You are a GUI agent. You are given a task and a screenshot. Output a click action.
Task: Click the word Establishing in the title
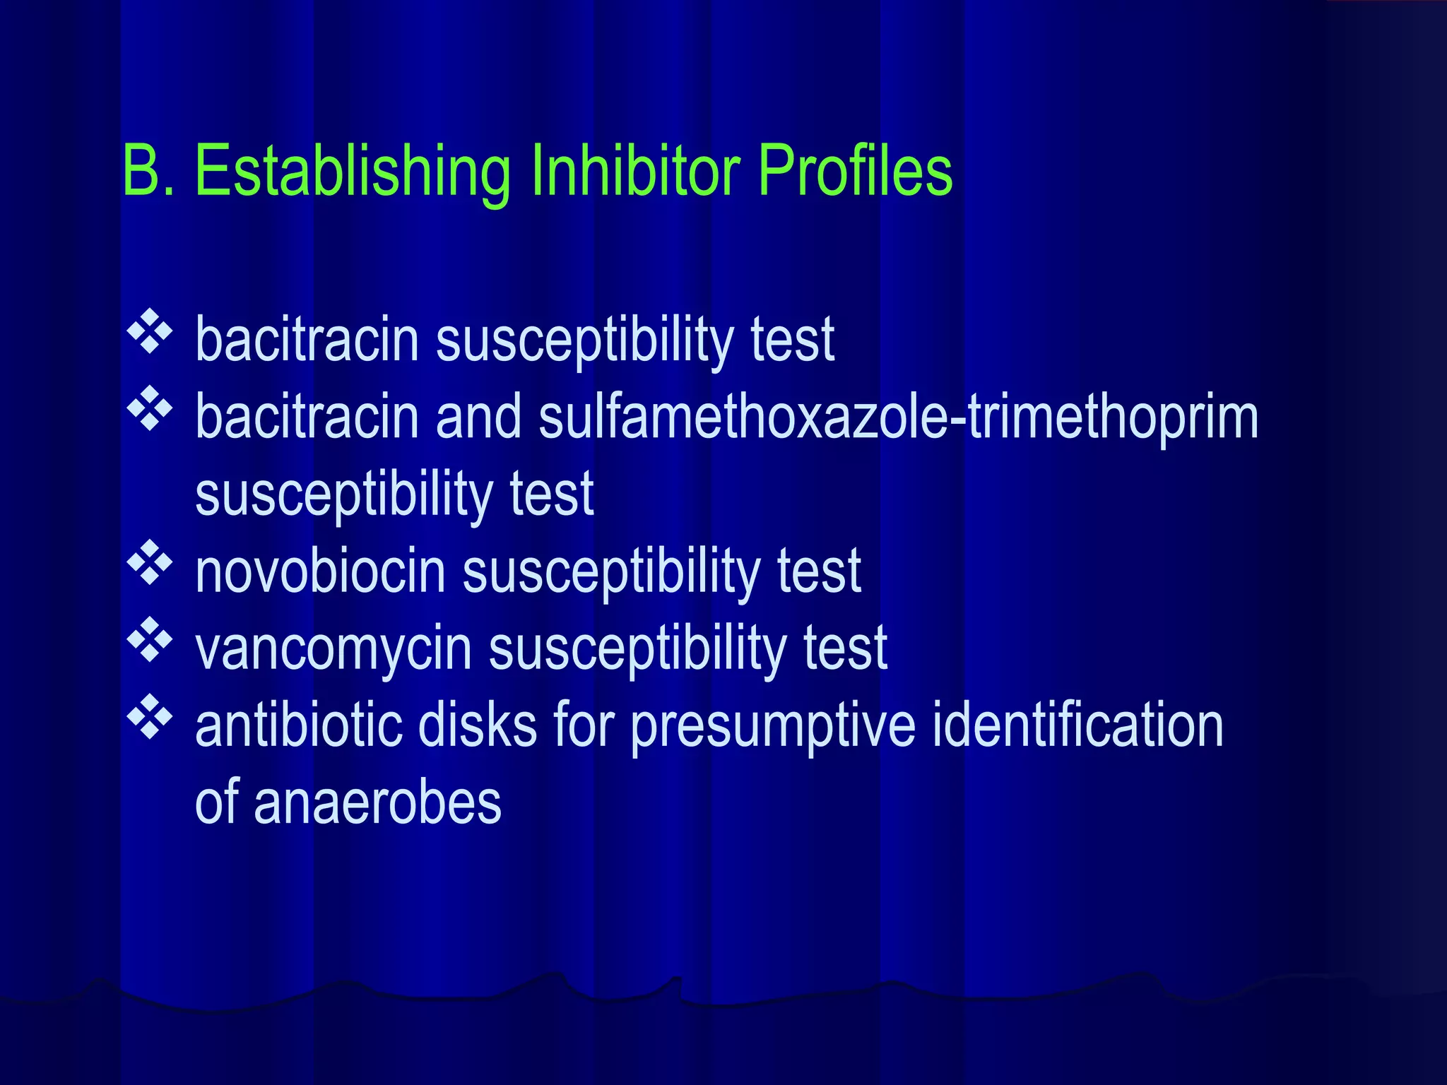click(352, 171)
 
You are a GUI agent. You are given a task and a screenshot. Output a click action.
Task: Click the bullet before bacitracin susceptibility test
click(150, 331)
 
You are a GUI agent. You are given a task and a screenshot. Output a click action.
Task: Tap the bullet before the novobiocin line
click(150, 562)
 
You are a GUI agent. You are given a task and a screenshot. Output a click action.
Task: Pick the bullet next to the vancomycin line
click(150, 639)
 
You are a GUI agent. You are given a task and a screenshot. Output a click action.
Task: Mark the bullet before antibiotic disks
click(150, 716)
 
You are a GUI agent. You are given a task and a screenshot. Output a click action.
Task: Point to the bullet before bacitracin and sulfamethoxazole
click(150, 408)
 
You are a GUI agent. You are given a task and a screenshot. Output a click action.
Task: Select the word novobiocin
click(321, 571)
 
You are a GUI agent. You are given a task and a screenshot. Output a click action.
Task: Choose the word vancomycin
click(333, 648)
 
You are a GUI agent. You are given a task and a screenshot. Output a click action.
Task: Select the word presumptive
click(773, 726)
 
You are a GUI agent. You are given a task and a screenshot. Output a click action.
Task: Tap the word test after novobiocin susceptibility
click(819, 571)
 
